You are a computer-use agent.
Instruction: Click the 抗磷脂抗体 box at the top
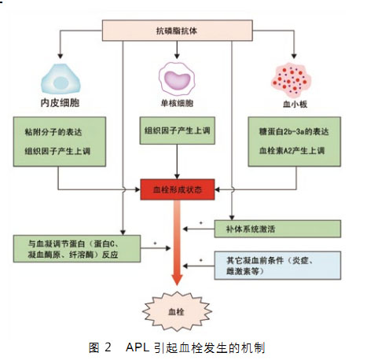(x=178, y=31)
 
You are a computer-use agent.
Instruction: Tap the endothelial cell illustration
(x=61, y=79)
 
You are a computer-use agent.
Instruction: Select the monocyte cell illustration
(x=177, y=79)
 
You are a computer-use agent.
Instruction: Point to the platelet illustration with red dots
(x=291, y=80)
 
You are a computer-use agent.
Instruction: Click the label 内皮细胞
(x=60, y=103)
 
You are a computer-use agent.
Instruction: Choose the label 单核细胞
(x=177, y=103)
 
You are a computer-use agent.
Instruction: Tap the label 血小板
(x=295, y=105)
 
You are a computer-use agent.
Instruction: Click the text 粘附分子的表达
(x=53, y=132)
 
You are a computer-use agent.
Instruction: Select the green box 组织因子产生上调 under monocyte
(x=178, y=130)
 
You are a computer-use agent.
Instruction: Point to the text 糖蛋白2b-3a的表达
(x=294, y=131)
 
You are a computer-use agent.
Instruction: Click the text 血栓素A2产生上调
(x=292, y=151)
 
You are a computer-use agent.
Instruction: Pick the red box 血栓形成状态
(x=178, y=189)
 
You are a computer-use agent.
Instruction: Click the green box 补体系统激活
(x=277, y=229)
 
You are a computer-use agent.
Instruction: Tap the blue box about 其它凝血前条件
(x=277, y=265)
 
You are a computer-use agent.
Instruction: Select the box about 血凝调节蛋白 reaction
(x=77, y=248)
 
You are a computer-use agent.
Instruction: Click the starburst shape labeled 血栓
(x=177, y=311)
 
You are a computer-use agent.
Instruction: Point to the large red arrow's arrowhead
(x=177, y=279)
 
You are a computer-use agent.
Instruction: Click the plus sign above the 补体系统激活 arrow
(x=201, y=223)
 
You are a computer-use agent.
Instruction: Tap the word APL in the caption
(x=138, y=347)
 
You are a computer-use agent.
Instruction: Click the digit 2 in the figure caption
(x=108, y=347)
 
